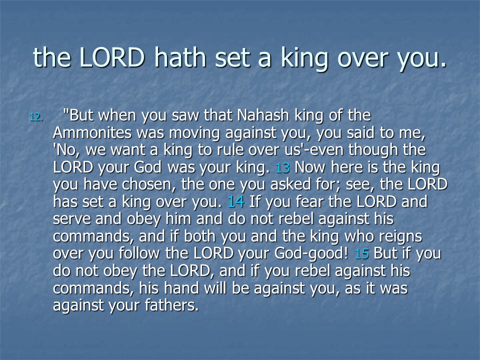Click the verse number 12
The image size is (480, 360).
click(36, 117)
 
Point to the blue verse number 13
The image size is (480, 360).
click(282, 168)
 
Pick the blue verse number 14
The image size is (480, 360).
click(235, 202)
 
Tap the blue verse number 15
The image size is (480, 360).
click(361, 254)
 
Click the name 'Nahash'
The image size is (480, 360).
click(263, 115)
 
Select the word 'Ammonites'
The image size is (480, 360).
click(92, 133)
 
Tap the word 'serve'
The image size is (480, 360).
click(71, 219)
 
